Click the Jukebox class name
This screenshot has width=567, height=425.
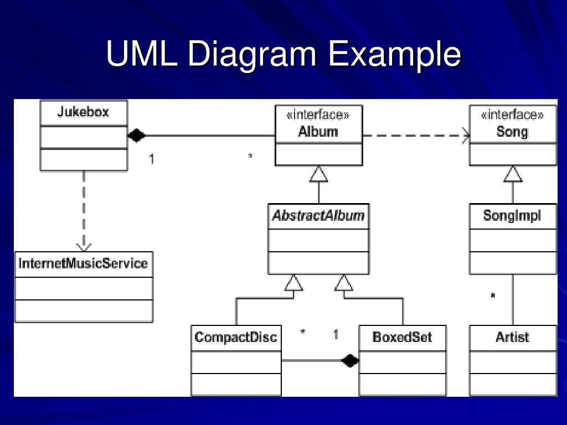83,112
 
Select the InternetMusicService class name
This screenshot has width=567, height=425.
83,263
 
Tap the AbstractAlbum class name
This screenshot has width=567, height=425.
318,215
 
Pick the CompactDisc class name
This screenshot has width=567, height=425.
236,337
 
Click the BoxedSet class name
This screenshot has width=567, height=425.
402,337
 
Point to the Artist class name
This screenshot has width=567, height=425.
512,337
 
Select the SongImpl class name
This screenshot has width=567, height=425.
512,216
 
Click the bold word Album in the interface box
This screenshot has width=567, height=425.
318,132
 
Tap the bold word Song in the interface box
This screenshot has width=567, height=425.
512,132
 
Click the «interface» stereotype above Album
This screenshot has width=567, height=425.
318,115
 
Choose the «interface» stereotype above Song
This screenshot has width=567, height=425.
512,115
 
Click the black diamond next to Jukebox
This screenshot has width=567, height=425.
137,136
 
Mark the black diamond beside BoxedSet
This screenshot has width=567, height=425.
350,360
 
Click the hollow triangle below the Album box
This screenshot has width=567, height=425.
318,174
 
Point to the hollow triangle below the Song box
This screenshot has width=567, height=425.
513,174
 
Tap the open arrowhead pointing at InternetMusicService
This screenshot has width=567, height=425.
84,247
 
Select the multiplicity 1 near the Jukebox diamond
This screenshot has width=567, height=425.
152,159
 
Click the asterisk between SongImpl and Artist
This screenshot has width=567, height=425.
492,296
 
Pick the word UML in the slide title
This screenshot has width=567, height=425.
142,54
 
